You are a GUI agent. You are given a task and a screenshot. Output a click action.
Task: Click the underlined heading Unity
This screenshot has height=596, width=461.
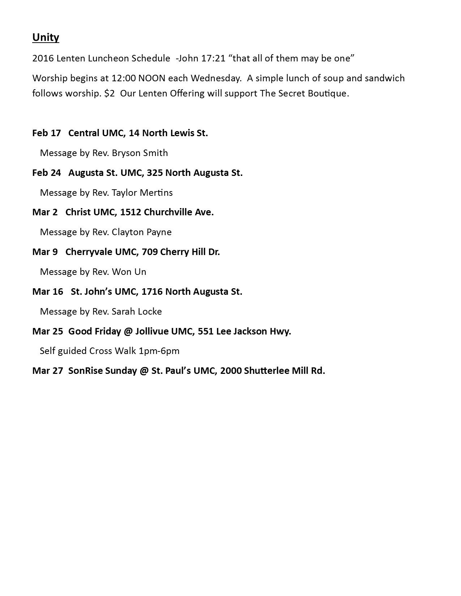pos(46,38)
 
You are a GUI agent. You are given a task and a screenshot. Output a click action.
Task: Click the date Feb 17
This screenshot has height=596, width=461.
pos(46,133)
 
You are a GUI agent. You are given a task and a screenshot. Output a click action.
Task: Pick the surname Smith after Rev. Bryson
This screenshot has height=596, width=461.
pos(155,153)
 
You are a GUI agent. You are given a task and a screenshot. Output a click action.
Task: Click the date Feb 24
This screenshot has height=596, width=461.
pos(46,173)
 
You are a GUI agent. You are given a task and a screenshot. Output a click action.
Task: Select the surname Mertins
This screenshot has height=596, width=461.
pos(156,193)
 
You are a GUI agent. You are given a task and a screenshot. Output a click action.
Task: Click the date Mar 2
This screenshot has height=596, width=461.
pos(44,212)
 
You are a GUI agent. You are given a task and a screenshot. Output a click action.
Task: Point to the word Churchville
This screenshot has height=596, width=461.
pos(168,212)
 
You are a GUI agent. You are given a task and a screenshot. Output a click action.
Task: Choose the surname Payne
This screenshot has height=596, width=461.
pos(160,232)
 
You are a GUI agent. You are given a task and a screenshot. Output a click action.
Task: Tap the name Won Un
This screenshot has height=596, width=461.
pos(129,272)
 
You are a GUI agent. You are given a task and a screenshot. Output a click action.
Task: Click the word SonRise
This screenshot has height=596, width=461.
pos(85,371)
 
